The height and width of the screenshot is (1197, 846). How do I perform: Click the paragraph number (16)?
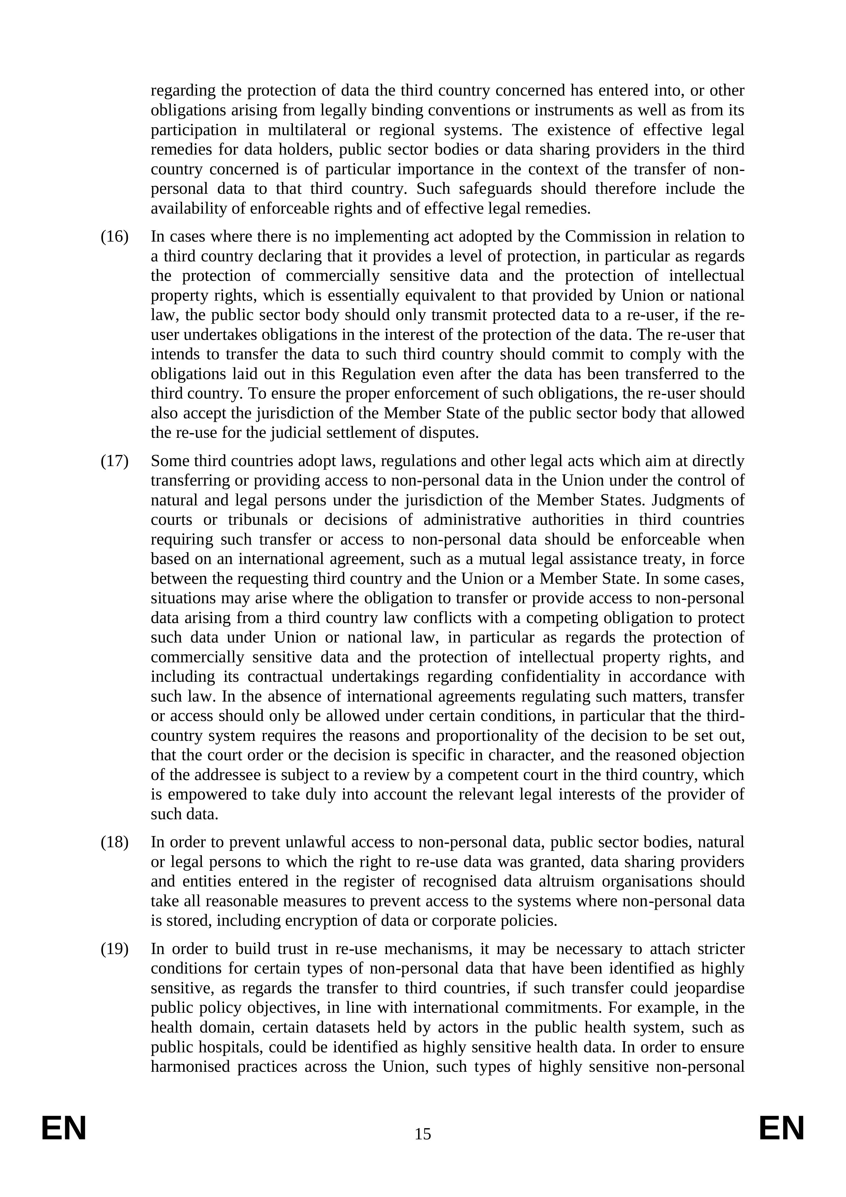tap(114, 237)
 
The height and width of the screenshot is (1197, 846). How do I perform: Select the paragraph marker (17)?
tap(114, 461)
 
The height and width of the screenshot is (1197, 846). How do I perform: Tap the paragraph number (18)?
tap(114, 842)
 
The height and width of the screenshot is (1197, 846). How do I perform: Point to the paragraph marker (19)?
tap(114, 949)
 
